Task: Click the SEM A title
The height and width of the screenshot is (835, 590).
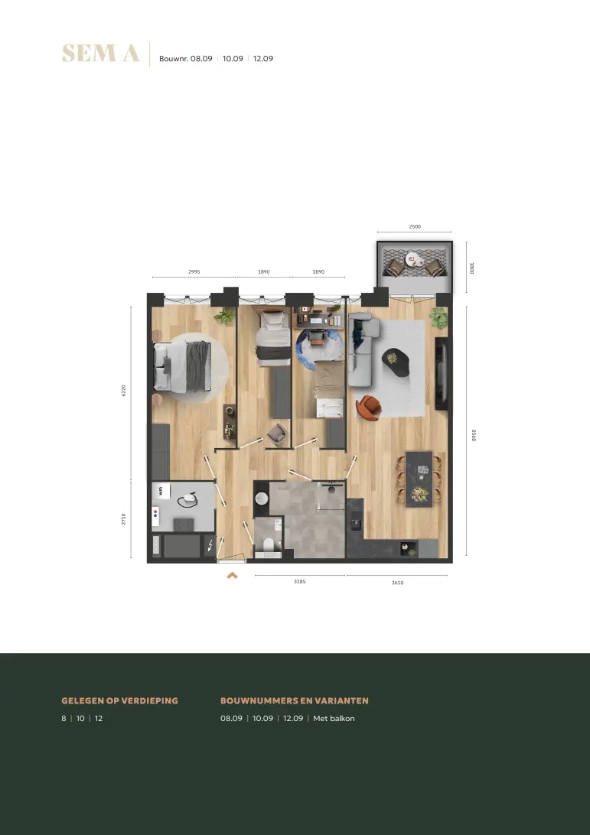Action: [x=100, y=54]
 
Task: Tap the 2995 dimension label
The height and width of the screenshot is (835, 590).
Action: [x=194, y=271]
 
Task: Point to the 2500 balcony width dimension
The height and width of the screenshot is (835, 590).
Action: [x=415, y=226]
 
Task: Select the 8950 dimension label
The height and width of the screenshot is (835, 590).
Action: [x=474, y=435]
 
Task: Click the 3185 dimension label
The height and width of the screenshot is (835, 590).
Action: [x=300, y=581]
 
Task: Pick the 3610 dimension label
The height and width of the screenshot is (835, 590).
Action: [x=398, y=583]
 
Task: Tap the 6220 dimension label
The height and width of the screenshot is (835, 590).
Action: [x=124, y=391]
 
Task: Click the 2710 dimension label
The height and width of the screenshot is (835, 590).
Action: [x=124, y=519]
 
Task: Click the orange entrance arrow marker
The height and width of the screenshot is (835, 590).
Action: [x=232, y=575]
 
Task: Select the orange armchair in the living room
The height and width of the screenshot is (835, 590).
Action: [x=369, y=408]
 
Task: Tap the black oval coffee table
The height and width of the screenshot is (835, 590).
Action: [x=396, y=362]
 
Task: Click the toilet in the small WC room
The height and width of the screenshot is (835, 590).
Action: [x=269, y=545]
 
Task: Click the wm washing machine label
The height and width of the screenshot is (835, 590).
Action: [x=161, y=491]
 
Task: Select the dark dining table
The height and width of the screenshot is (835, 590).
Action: [x=419, y=479]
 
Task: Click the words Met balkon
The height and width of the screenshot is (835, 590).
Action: [x=334, y=718]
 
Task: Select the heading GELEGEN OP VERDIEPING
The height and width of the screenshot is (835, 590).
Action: [x=120, y=700]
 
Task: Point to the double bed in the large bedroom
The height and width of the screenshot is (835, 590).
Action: [x=182, y=368]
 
